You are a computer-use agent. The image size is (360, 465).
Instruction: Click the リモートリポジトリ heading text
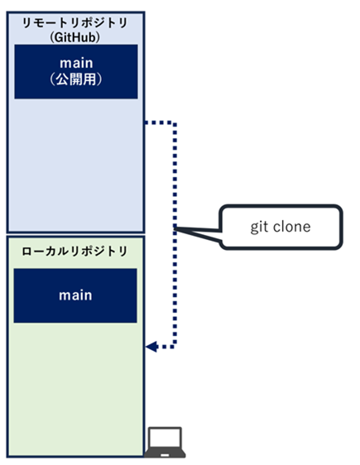pyautogui.click(x=75, y=23)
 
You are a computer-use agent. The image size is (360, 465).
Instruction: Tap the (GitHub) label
pyautogui.click(x=75, y=37)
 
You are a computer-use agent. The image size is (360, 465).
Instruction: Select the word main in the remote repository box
pyautogui.click(x=76, y=63)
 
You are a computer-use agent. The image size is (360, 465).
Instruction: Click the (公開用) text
pyautogui.click(x=76, y=79)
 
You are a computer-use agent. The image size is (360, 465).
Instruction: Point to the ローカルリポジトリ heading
pyautogui.click(x=74, y=252)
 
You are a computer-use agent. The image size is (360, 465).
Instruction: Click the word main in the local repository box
pyautogui.click(x=75, y=295)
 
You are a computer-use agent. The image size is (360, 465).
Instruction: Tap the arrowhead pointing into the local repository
pyautogui.click(x=151, y=347)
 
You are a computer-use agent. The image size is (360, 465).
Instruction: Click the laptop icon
pyautogui.click(x=165, y=442)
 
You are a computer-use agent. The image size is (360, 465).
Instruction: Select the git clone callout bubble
pyautogui.click(x=281, y=227)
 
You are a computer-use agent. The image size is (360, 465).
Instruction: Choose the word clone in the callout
pyautogui.click(x=292, y=227)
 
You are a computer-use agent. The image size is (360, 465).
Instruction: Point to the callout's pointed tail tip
pyautogui.click(x=175, y=228)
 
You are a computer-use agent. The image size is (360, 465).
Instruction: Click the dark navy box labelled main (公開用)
pyautogui.click(x=76, y=71)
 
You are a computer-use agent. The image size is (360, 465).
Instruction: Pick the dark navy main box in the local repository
pyautogui.click(x=75, y=295)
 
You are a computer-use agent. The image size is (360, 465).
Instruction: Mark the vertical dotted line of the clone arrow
pyautogui.click(x=175, y=234)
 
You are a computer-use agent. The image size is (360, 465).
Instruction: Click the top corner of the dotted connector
pyautogui.click(x=175, y=122)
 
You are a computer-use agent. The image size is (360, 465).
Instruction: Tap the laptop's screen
pyautogui.click(x=165, y=438)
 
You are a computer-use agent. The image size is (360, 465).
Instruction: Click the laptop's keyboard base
pyautogui.click(x=165, y=453)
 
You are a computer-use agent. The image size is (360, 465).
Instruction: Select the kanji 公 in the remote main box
pyautogui.click(x=63, y=79)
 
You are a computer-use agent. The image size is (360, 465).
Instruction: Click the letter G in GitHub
pyautogui.click(x=58, y=38)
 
